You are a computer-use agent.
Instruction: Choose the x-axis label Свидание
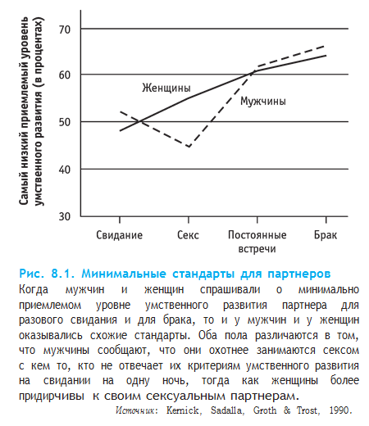(120, 234)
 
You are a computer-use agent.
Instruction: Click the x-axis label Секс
(188, 234)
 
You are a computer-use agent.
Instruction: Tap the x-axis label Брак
(326, 234)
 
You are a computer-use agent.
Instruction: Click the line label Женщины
(166, 86)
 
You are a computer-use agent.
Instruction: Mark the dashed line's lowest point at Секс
(189, 147)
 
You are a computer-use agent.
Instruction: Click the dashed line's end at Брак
(326, 47)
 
